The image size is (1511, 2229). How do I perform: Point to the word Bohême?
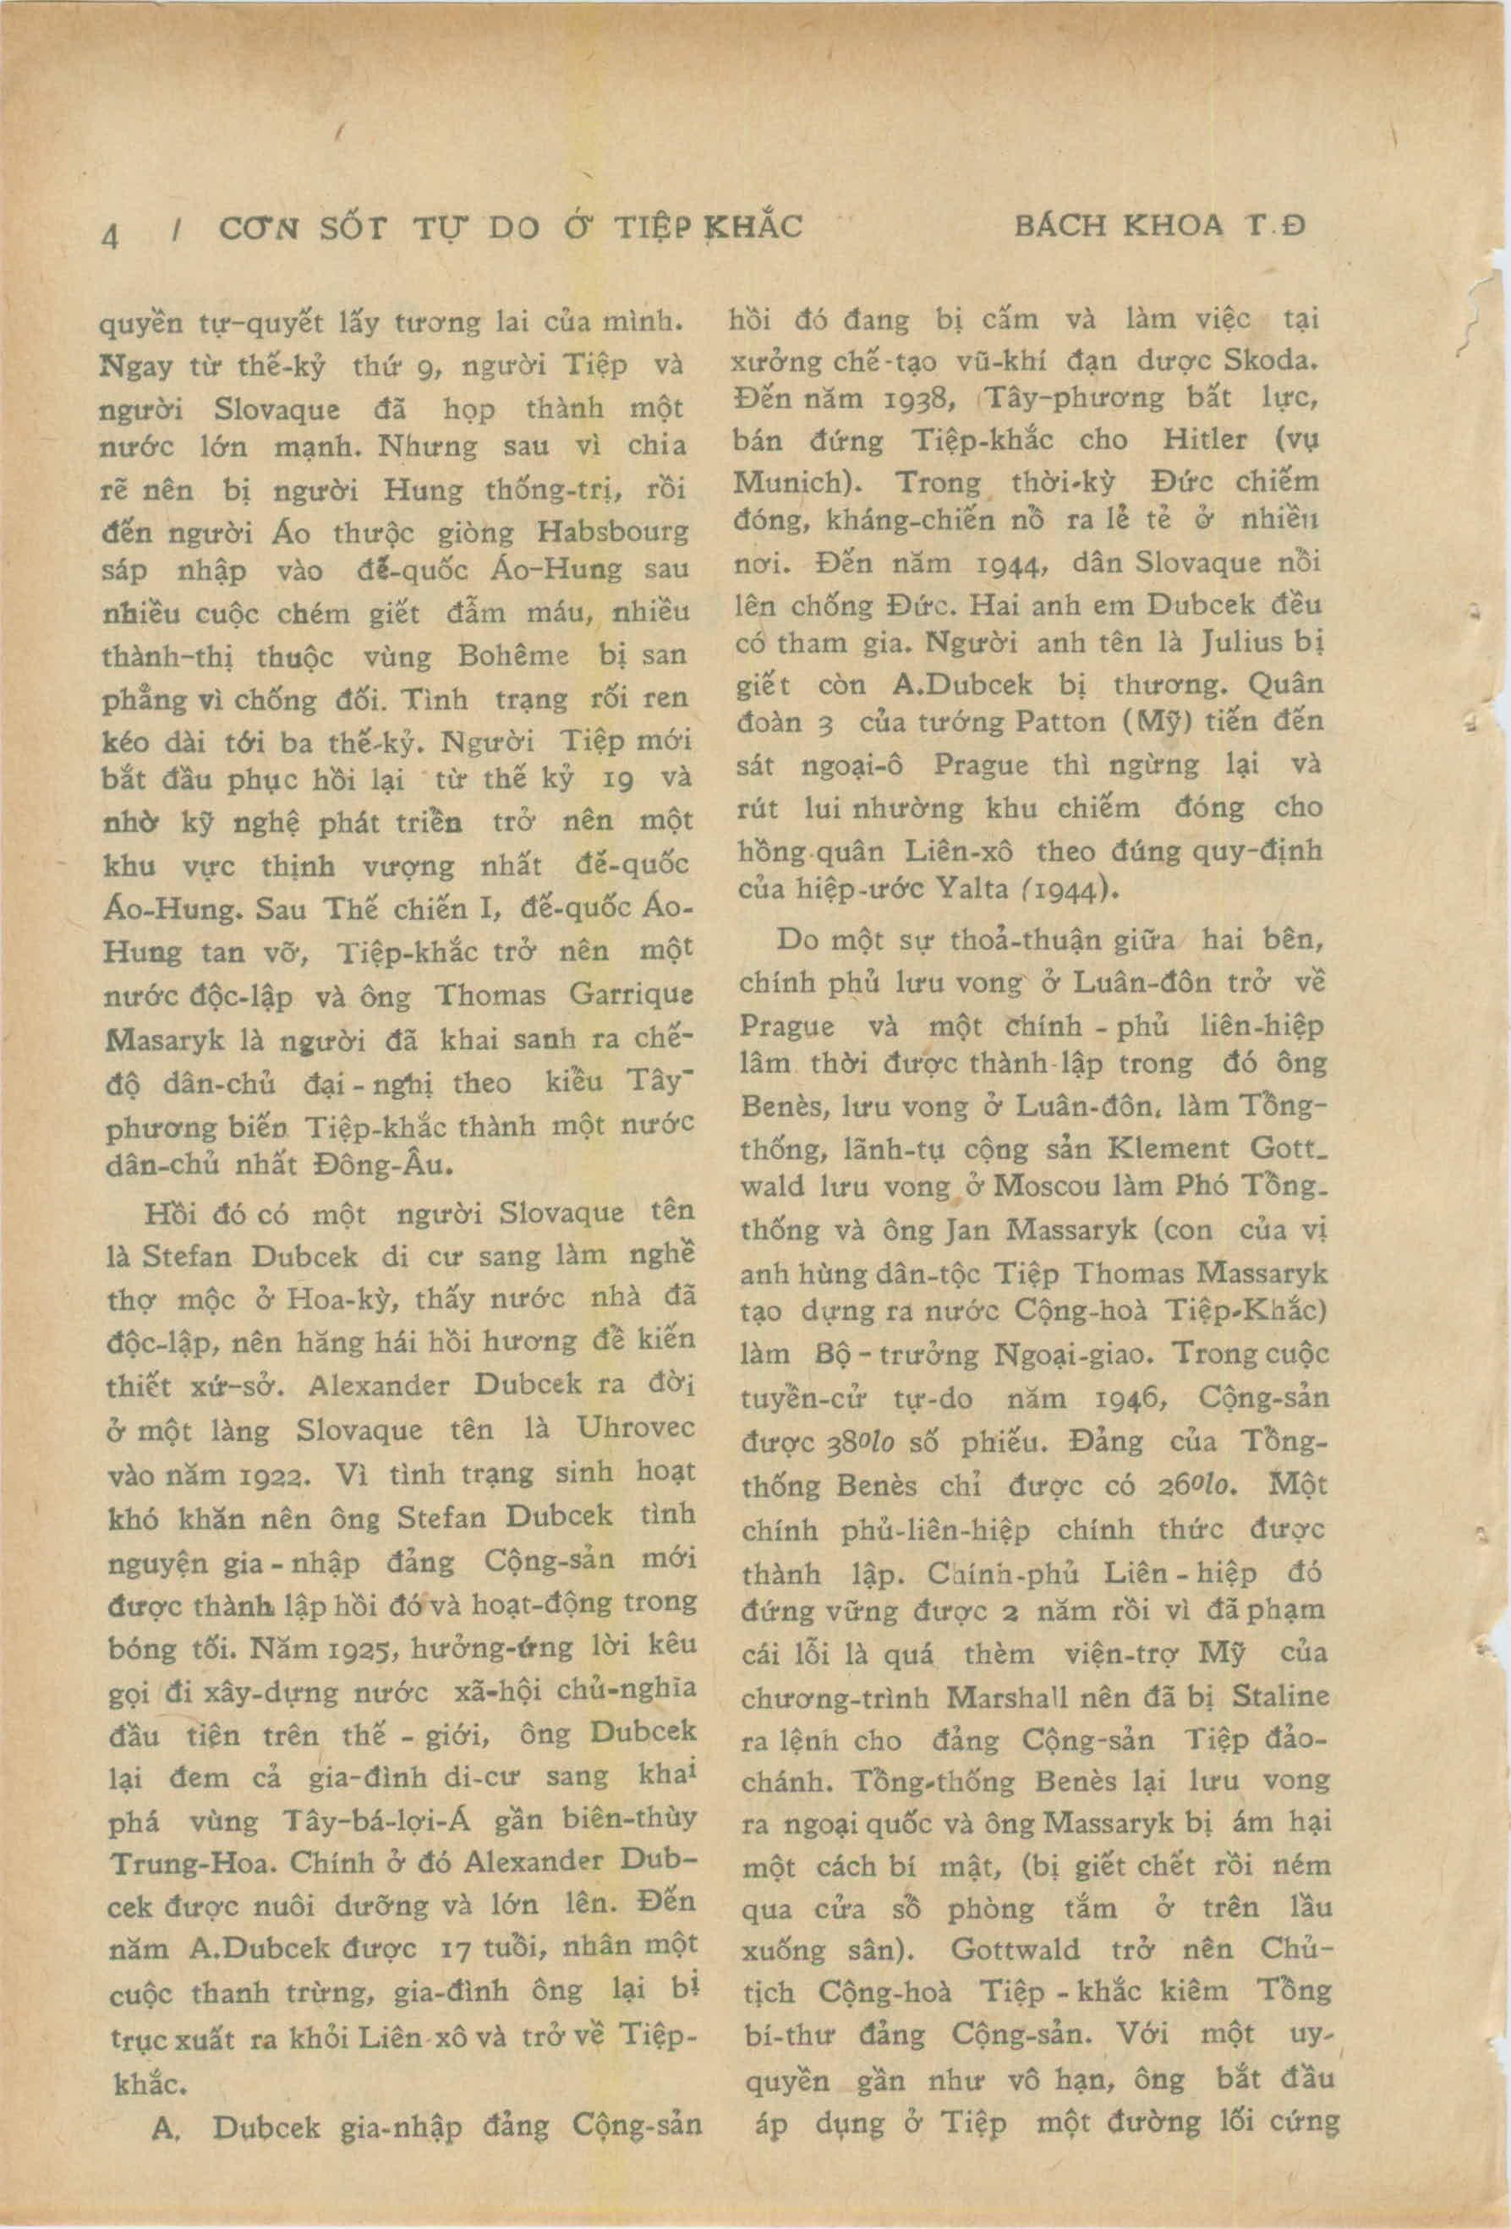pos(514,657)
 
